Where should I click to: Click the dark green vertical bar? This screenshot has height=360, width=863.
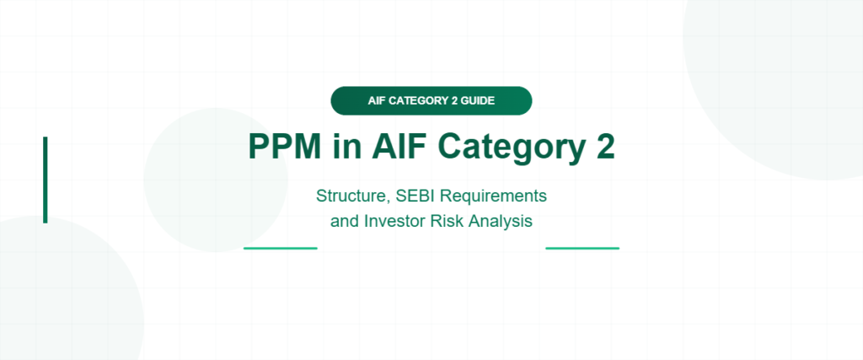(46, 180)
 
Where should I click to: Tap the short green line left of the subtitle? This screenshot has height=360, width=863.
(280, 248)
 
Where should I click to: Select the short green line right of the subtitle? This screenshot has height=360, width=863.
(582, 248)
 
